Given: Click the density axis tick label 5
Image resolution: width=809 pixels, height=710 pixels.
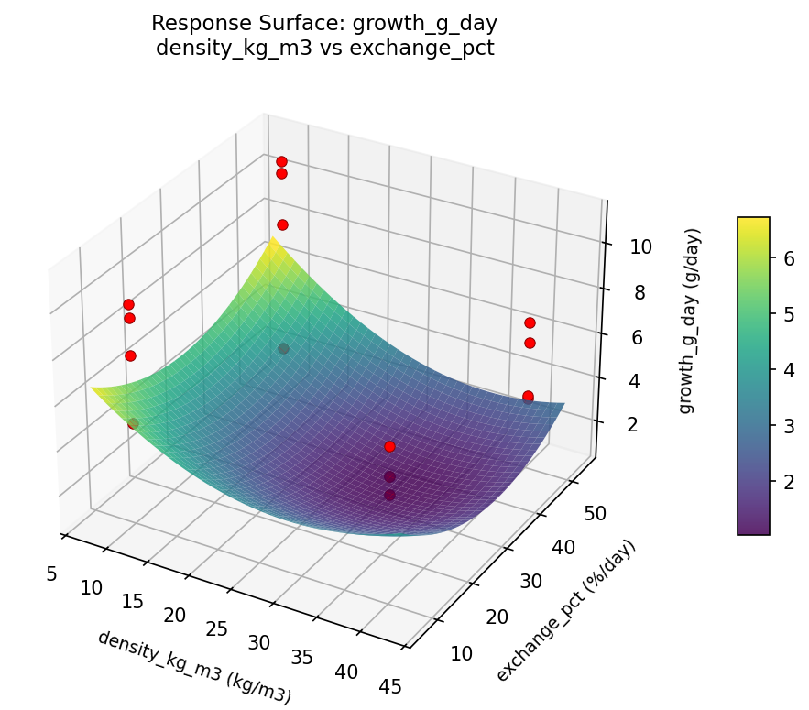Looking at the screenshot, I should coord(51,573).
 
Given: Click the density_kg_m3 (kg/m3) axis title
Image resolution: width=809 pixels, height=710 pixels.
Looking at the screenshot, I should coord(194,667).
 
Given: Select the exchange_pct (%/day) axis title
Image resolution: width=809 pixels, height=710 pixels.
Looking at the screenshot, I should coord(565,611).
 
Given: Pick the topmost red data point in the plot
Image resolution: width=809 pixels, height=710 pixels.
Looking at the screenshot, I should coord(281,162).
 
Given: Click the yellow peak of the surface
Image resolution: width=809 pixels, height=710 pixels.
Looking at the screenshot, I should coord(272,241).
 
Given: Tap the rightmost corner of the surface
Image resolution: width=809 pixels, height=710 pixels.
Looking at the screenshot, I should coord(563,404).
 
